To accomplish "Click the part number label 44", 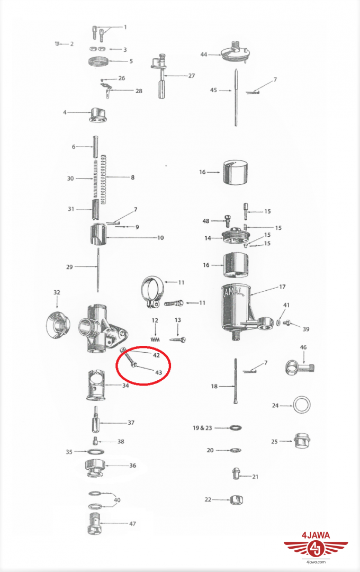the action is tap(203, 55).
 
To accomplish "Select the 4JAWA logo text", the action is tap(316, 535).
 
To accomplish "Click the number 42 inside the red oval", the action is tap(156, 355).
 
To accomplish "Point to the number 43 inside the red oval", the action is tap(158, 373).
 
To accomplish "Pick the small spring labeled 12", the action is tap(156, 339).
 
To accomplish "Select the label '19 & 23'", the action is tap(202, 427).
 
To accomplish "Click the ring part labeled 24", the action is tap(302, 405).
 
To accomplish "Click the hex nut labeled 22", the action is tap(237, 500).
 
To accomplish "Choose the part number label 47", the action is tap(132, 524).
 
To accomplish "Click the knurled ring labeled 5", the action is tap(99, 61).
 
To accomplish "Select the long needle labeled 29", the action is tap(98, 270).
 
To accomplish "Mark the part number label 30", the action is tap(70, 178).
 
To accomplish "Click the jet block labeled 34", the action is tap(96, 385).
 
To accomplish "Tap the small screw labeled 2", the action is tap(57, 44).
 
